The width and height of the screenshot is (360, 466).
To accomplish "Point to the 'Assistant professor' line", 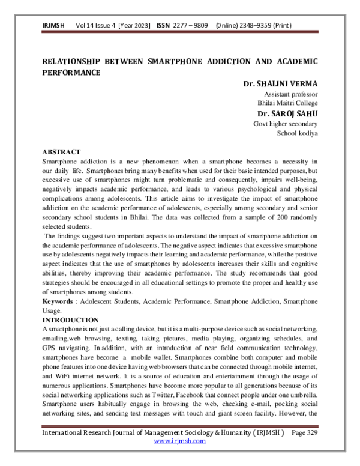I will tap(291, 94).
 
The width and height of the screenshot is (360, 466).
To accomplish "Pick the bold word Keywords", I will tap(59, 301).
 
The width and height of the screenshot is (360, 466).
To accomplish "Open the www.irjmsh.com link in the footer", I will tap(180, 441).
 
